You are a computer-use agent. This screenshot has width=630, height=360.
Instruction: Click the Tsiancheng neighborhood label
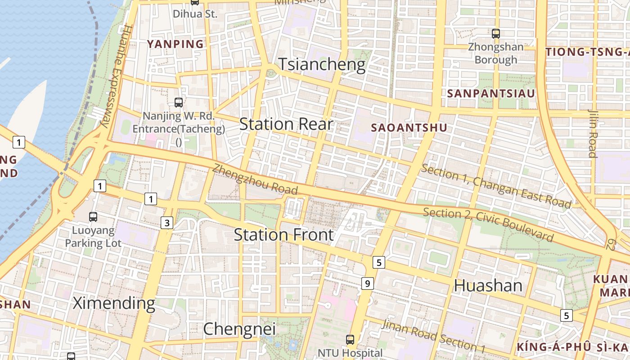[322, 64]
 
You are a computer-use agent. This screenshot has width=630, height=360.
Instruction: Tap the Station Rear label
[286, 124]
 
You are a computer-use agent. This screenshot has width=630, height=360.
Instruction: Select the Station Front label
[284, 234]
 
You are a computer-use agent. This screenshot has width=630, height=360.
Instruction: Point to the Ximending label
[114, 303]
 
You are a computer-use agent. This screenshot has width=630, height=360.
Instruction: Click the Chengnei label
[239, 329]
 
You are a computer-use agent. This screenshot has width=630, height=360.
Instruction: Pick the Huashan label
[488, 285]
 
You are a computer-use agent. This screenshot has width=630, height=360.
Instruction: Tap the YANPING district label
[175, 44]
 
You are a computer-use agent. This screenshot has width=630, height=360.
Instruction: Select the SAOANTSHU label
[409, 128]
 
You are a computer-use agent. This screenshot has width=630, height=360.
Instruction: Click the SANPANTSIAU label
[491, 94]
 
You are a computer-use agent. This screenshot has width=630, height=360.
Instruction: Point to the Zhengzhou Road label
[255, 179]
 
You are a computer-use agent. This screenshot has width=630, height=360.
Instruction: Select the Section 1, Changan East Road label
[496, 186]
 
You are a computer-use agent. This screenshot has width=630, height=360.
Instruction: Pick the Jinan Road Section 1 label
[434, 336]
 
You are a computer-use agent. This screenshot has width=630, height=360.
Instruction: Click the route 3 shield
[167, 222]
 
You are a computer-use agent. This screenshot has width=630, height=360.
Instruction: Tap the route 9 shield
[368, 283]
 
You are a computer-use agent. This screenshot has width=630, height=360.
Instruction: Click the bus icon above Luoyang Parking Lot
[93, 217]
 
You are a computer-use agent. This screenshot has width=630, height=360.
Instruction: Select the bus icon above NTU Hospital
[350, 339]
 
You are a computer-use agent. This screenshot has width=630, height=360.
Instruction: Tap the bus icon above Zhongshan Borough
[496, 33]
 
